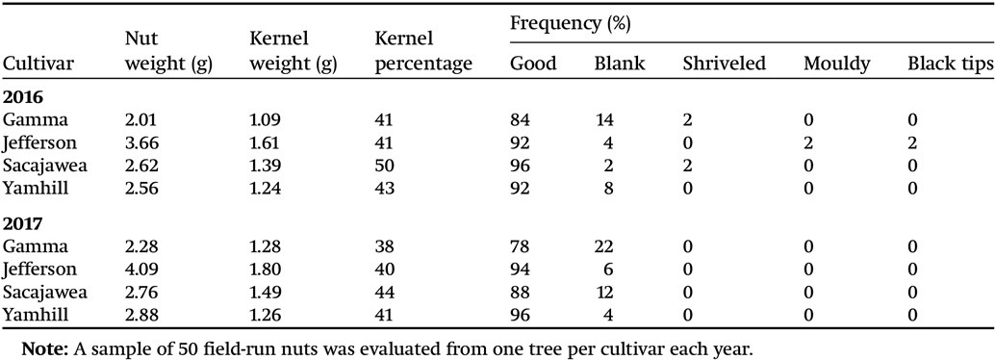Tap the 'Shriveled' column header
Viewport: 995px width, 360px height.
point(724,64)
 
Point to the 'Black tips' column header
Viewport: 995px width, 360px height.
point(946,64)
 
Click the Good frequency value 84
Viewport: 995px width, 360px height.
point(521,120)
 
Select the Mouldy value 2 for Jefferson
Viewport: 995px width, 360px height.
point(808,141)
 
